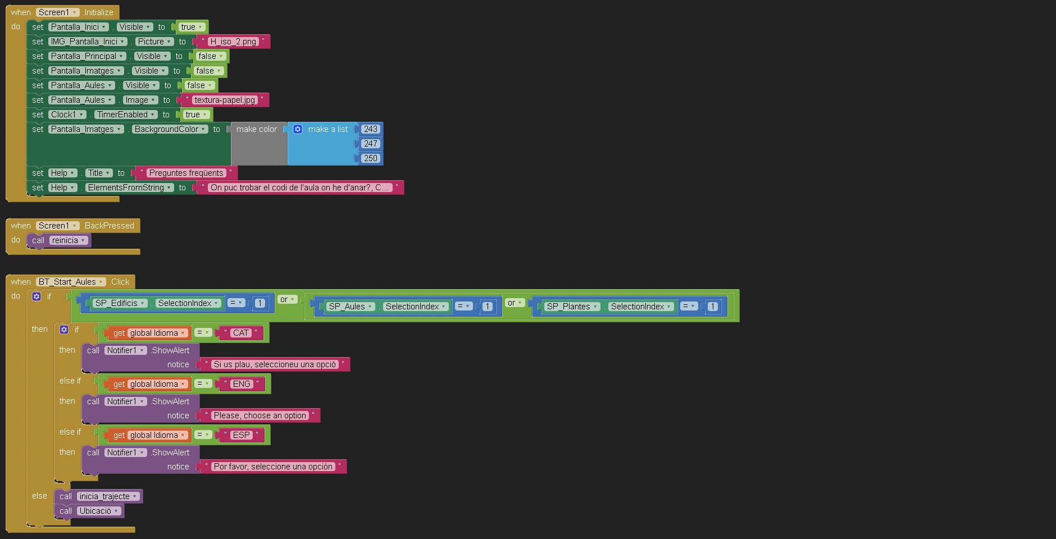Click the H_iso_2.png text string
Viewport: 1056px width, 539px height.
pyautogui.click(x=233, y=42)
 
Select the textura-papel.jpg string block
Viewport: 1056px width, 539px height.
pyautogui.click(x=225, y=100)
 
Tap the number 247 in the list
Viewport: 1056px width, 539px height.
pyautogui.click(x=371, y=144)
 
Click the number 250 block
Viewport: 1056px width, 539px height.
pyautogui.click(x=371, y=158)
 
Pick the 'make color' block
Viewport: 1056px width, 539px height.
pyautogui.click(x=257, y=130)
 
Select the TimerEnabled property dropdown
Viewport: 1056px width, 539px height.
pyautogui.click(x=126, y=115)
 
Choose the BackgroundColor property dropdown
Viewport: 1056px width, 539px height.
pyautogui.click(x=170, y=129)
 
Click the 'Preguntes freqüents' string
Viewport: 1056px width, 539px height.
pyautogui.click(x=186, y=173)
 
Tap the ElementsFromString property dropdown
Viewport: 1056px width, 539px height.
pyautogui.click(x=130, y=188)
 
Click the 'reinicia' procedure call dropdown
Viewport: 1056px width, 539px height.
pyautogui.click(x=69, y=240)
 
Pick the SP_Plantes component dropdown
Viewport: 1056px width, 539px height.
pyautogui.click(x=572, y=307)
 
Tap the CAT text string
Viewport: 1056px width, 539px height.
pyautogui.click(x=241, y=333)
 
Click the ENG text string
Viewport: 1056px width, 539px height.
pyautogui.click(x=242, y=384)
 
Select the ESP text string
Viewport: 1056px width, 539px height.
pyautogui.click(x=242, y=435)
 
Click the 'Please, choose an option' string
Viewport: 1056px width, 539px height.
pyautogui.click(x=260, y=415)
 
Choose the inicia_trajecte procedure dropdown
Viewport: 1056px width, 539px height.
pyautogui.click(x=108, y=496)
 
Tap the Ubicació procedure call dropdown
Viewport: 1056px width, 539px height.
pyautogui.click(x=99, y=511)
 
